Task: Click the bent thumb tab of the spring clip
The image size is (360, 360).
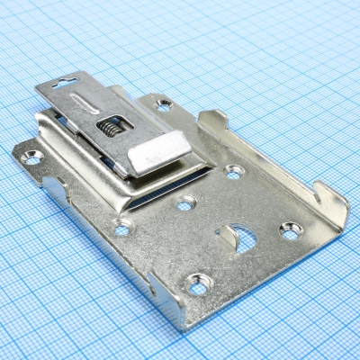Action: [159, 152]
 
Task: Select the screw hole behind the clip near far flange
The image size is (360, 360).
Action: [164, 105]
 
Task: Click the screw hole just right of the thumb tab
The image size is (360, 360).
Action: [234, 169]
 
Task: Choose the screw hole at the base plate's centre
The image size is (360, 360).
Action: [184, 204]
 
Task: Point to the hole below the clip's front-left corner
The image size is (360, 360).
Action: [122, 228]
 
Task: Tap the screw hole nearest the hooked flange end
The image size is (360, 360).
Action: [290, 231]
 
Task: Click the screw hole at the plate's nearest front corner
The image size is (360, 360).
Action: [197, 288]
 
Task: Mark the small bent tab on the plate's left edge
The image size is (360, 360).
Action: [54, 192]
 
